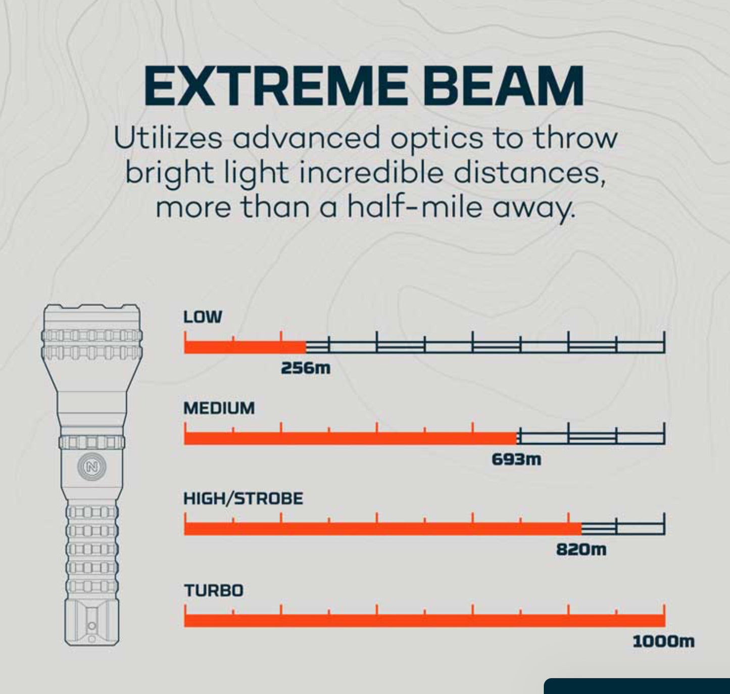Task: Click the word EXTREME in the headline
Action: coord(275,86)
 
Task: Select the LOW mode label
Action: coord(203,317)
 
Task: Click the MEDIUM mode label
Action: coord(219,408)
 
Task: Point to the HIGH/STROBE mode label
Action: coord(243,499)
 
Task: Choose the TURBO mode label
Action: coord(213,590)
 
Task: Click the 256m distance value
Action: coord(306,368)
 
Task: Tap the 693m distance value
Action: coord(516,459)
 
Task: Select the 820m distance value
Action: coord(581,549)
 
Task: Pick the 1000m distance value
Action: coord(663,642)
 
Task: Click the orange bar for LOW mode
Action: coord(245,347)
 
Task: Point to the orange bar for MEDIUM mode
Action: coord(351,438)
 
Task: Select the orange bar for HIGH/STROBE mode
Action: coord(382,528)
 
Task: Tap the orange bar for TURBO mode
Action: coord(424,620)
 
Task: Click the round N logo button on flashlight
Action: coord(92,467)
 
